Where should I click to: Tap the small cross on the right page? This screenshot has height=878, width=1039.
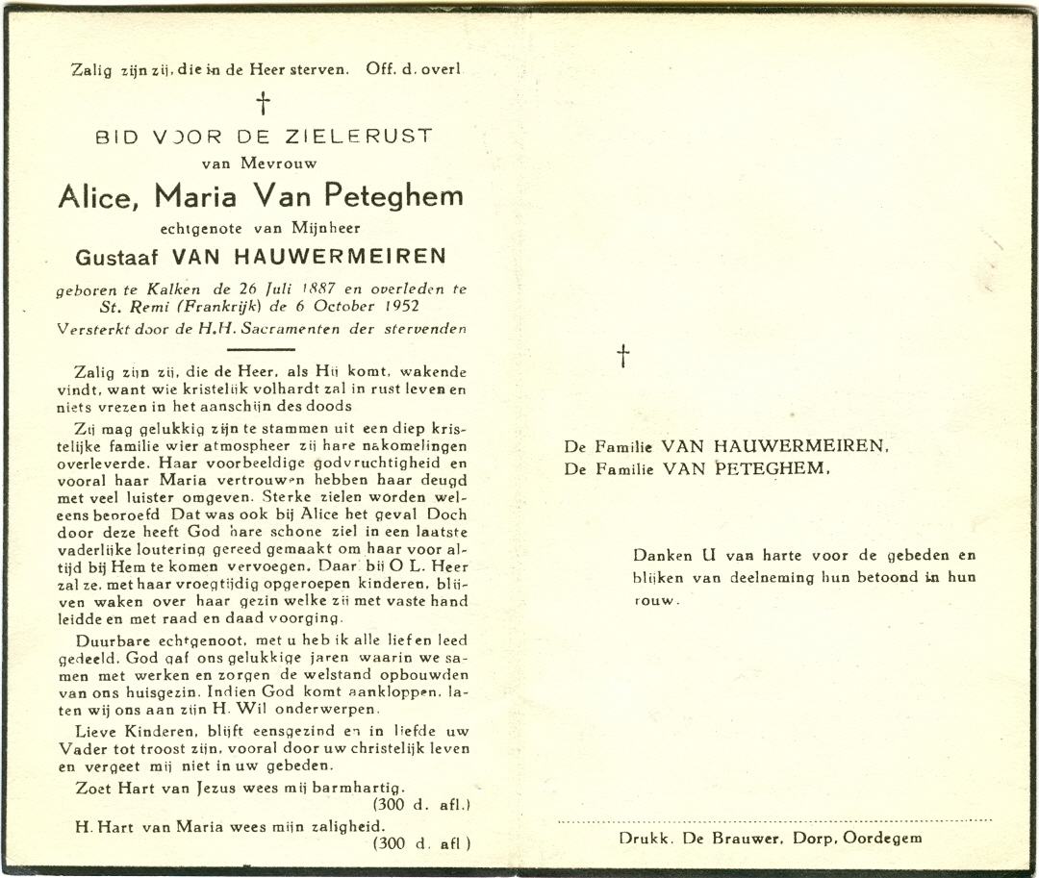(623, 356)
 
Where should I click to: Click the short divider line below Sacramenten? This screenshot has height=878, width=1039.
(263, 349)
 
